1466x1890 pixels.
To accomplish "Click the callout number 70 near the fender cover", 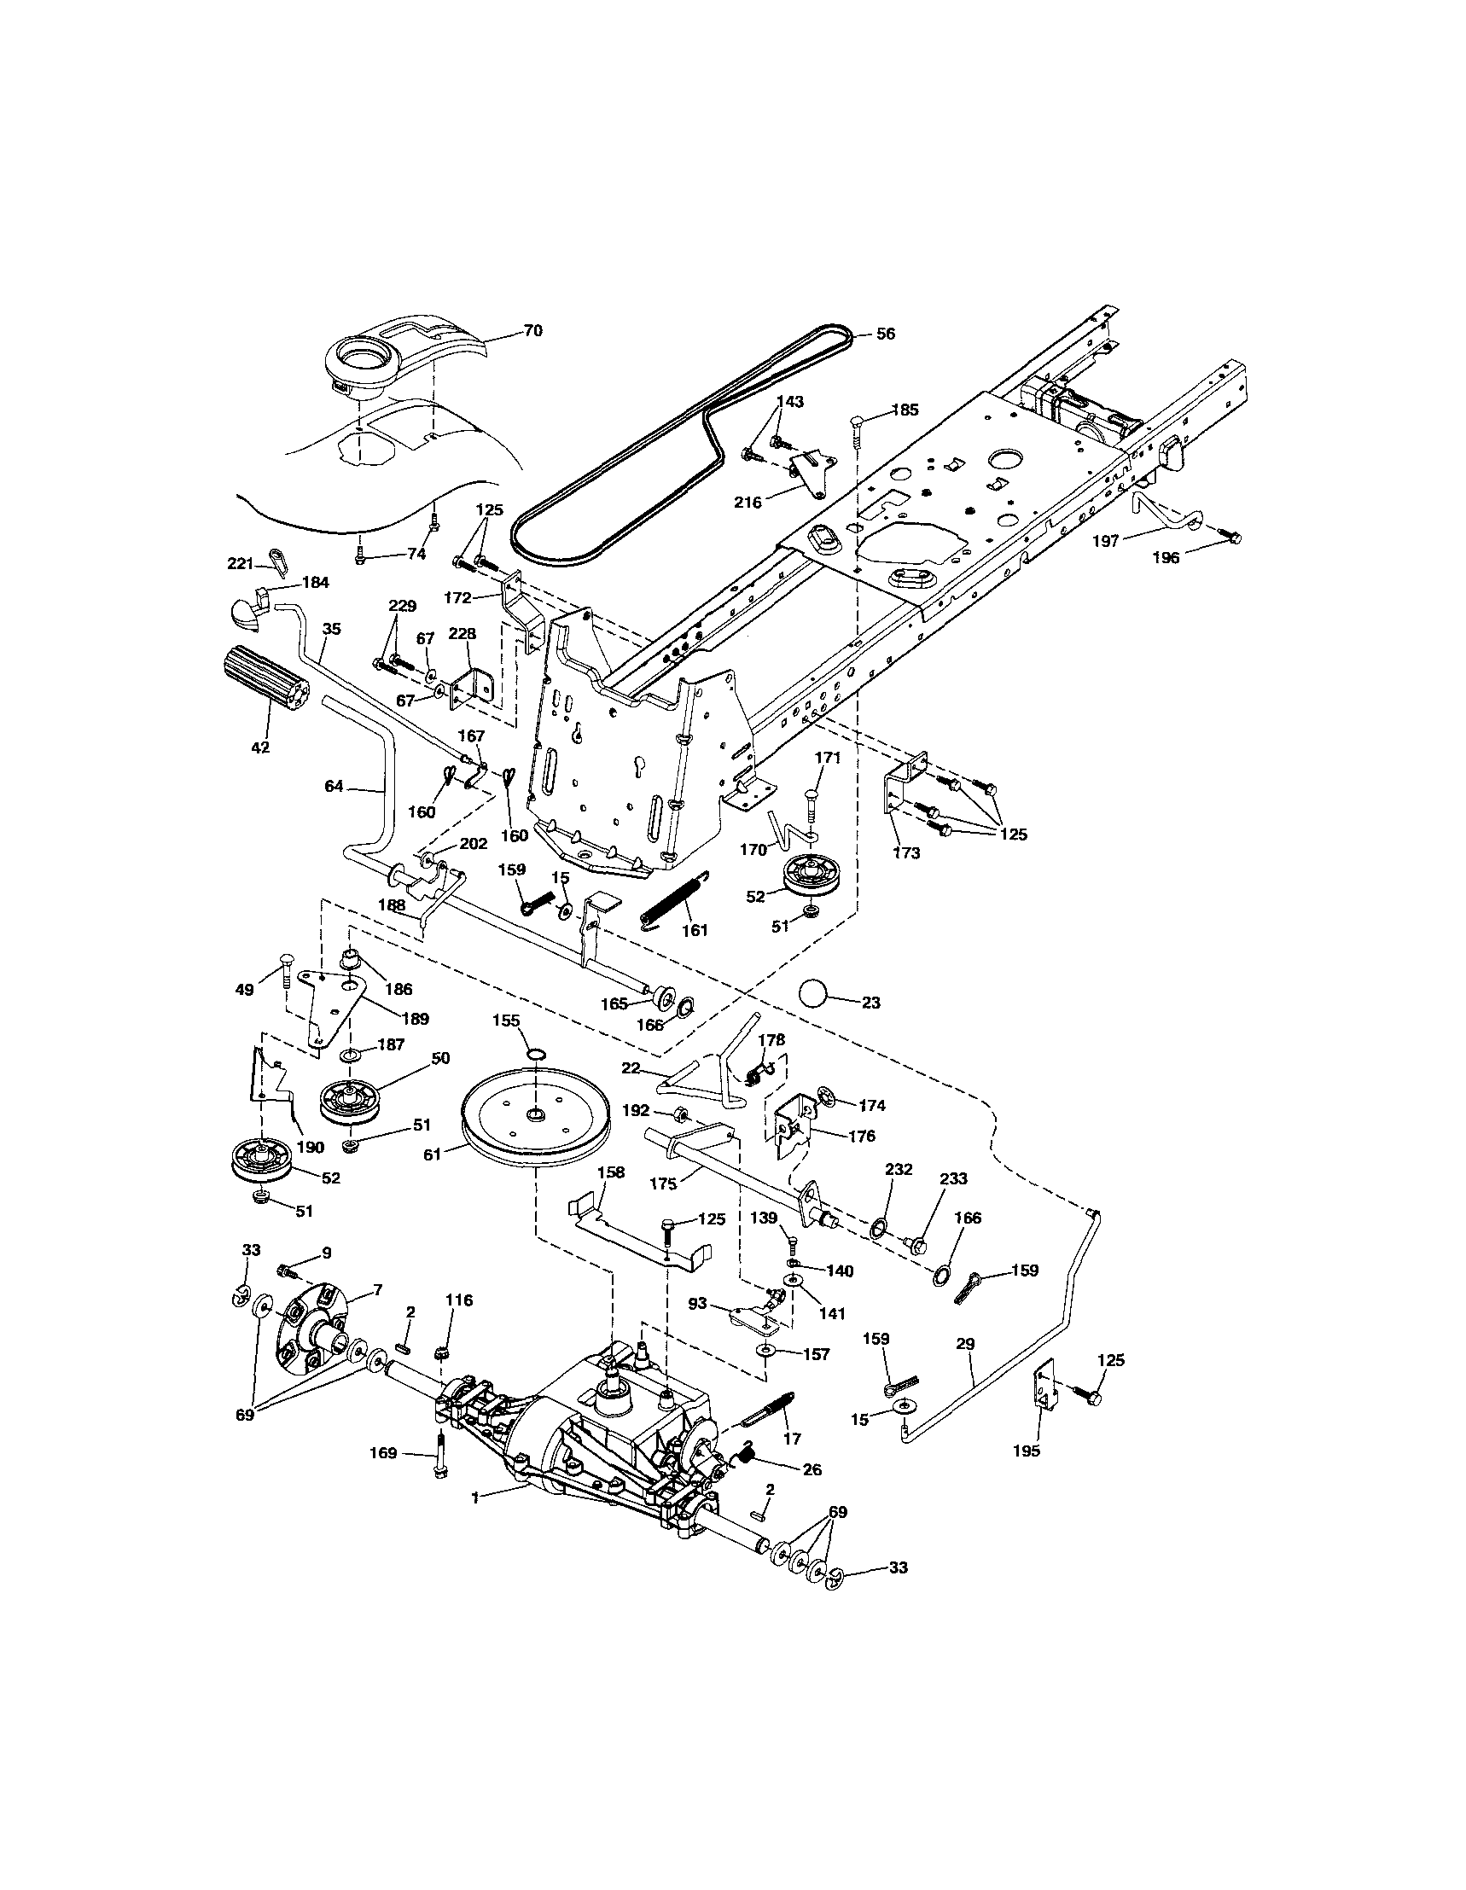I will (x=533, y=330).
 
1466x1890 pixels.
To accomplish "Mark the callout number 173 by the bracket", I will (x=906, y=853).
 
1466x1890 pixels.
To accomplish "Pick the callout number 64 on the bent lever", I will (x=334, y=786).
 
